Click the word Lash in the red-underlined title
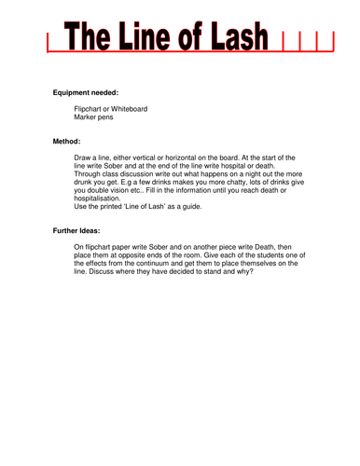[x=241, y=38]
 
